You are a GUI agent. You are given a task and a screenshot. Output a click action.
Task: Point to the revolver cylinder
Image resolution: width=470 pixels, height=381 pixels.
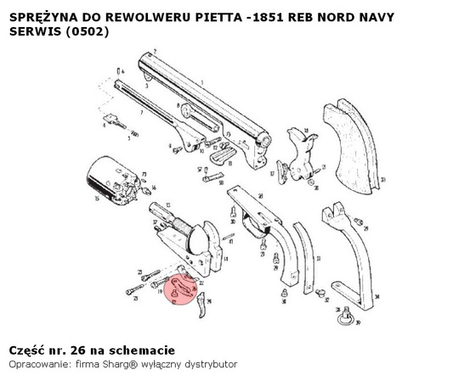point(110,180)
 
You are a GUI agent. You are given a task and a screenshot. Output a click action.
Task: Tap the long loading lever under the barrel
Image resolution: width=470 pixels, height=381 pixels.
point(149,101)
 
